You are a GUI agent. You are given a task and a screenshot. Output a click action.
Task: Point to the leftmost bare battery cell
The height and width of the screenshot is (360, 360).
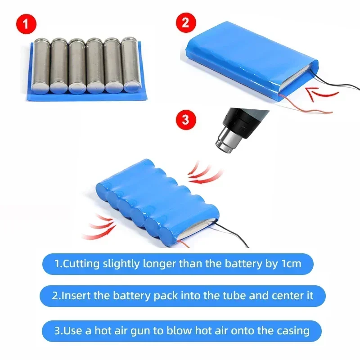pos(40,65)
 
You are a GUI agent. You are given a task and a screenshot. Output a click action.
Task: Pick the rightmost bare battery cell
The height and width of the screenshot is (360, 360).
pos(131,65)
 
